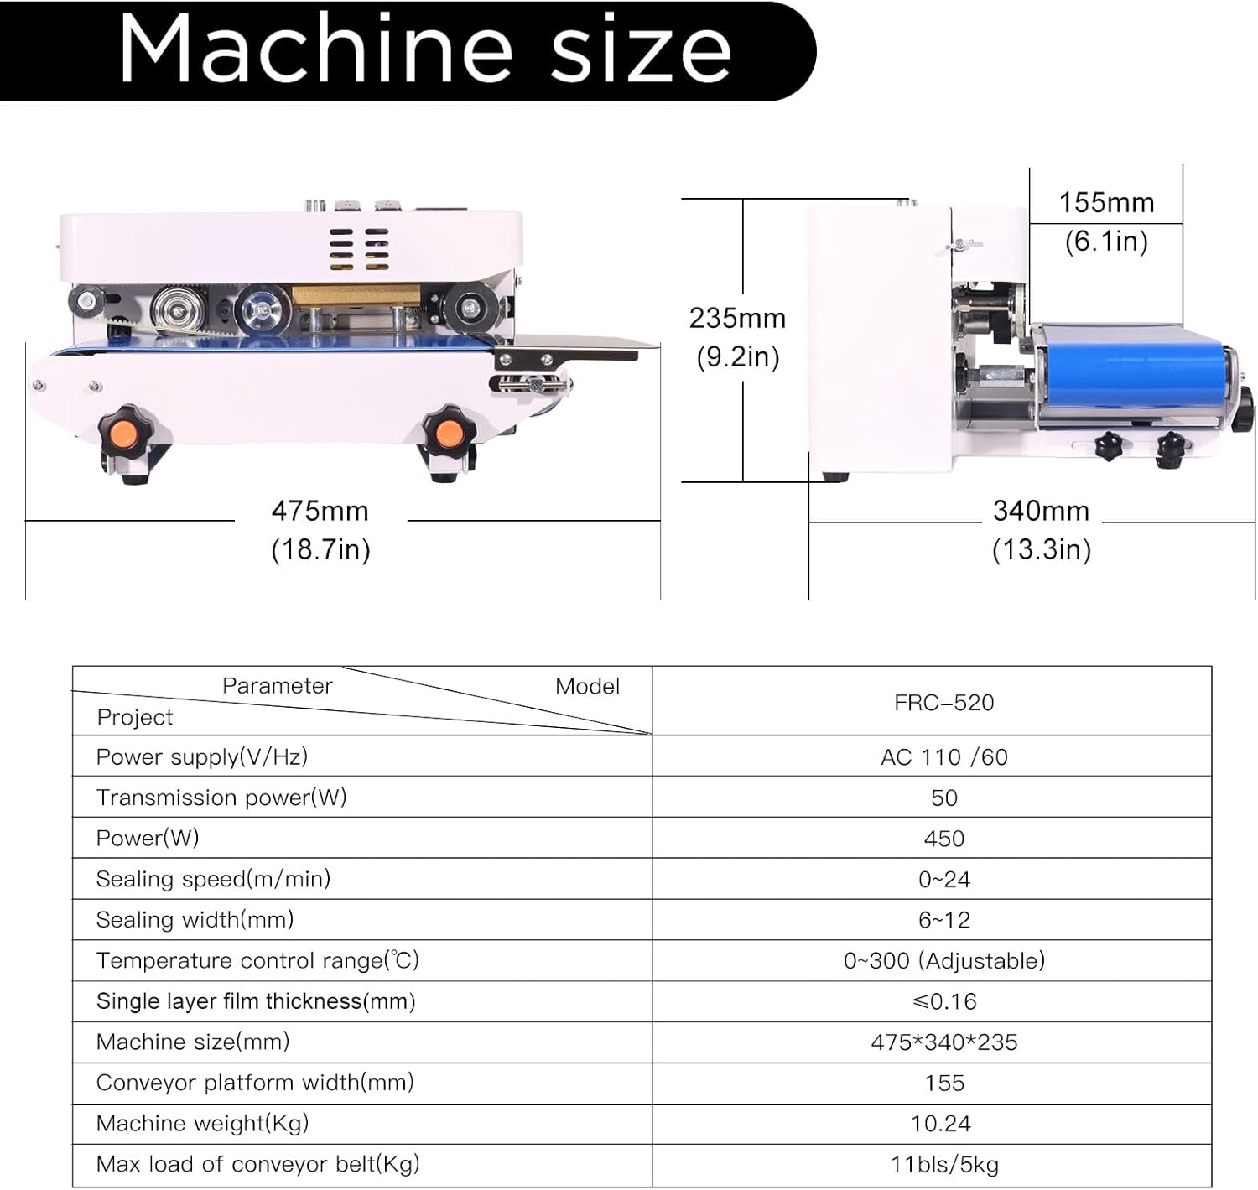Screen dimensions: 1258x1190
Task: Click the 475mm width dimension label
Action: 320,511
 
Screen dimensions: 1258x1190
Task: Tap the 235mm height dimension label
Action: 737,319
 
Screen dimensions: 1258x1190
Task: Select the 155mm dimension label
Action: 1106,203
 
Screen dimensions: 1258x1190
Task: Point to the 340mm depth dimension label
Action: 1041,511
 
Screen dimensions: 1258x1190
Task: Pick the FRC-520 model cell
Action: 943,703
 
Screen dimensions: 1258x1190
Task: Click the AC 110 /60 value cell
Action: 943,757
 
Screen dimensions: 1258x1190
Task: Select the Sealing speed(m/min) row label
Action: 213,879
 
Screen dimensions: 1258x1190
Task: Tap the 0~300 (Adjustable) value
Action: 943,960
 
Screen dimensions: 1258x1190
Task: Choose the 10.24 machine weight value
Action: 941,1124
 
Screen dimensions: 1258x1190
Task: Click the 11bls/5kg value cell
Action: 943,1165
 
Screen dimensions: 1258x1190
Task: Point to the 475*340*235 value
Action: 943,1042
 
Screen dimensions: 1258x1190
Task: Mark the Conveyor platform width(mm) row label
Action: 255,1083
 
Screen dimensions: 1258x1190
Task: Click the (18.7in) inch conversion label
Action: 320,550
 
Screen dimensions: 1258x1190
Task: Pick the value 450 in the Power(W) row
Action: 943,839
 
